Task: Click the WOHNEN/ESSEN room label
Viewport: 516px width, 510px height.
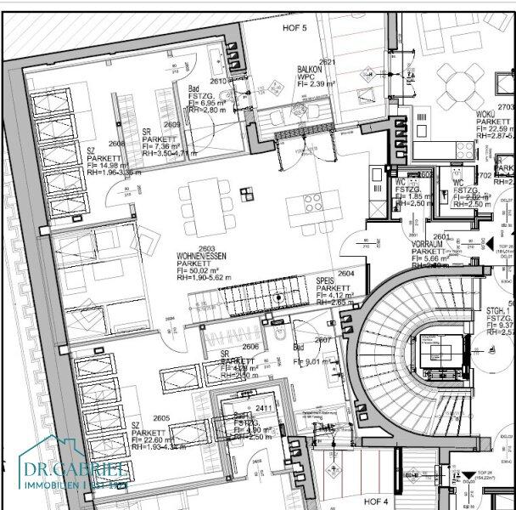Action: coord(200,255)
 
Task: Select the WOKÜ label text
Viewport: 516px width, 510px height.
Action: coord(486,114)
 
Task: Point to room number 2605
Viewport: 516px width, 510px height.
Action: coord(162,419)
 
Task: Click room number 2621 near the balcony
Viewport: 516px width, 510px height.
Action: coord(328,62)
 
